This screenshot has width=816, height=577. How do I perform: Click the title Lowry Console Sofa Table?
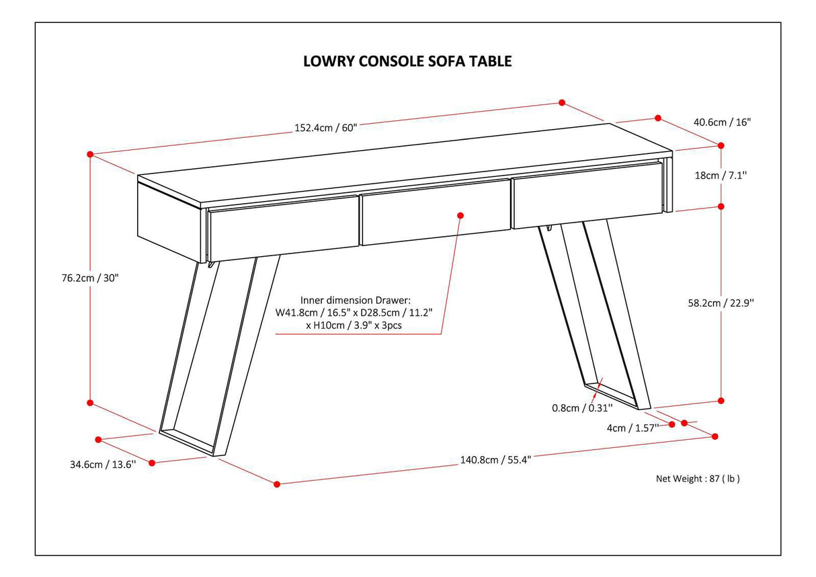click(x=407, y=61)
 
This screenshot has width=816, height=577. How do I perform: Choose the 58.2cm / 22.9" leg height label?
click(x=723, y=303)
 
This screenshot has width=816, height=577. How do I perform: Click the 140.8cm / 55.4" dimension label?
click(x=495, y=461)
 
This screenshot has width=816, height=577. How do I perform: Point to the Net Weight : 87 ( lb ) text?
click(x=698, y=479)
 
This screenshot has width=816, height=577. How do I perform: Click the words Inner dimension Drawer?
click(x=355, y=300)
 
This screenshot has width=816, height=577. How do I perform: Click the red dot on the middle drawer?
click(x=460, y=215)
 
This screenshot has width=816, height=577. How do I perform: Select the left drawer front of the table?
click(x=283, y=229)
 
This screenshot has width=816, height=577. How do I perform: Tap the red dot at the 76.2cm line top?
click(x=90, y=154)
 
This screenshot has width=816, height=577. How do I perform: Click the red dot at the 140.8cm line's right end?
click(x=715, y=436)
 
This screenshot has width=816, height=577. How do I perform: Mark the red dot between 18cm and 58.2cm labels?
click(x=721, y=206)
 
